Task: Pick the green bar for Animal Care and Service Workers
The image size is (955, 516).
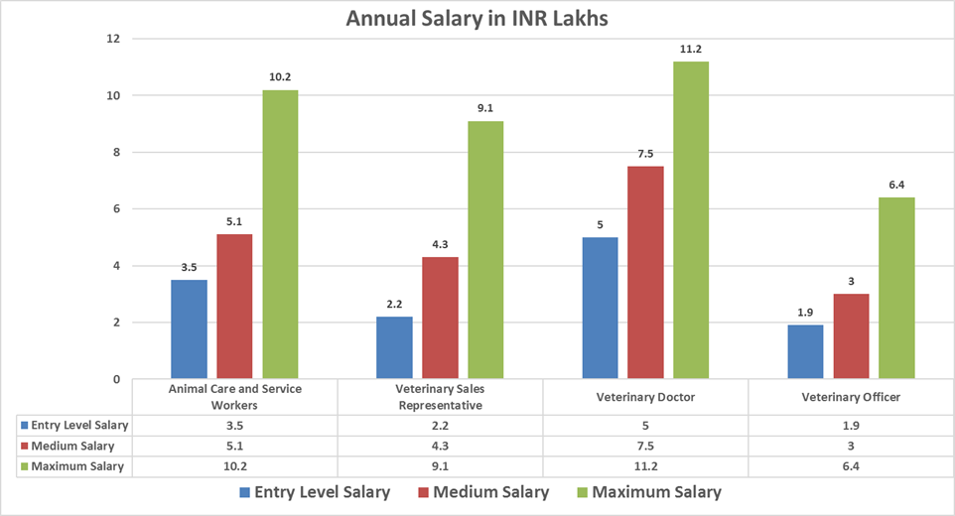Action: [x=280, y=234]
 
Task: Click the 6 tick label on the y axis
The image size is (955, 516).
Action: [x=116, y=209]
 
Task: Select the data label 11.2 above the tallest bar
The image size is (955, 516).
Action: [x=691, y=49]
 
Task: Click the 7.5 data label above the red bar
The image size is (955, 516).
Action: [x=645, y=153]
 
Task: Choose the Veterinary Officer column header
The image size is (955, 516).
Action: [x=851, y=397]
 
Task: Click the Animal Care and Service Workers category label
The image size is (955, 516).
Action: [x=236, y=397]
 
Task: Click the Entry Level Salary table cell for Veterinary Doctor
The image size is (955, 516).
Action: [x=645, y=425]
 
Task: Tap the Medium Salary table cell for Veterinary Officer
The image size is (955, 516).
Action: [x=851, y=446]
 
